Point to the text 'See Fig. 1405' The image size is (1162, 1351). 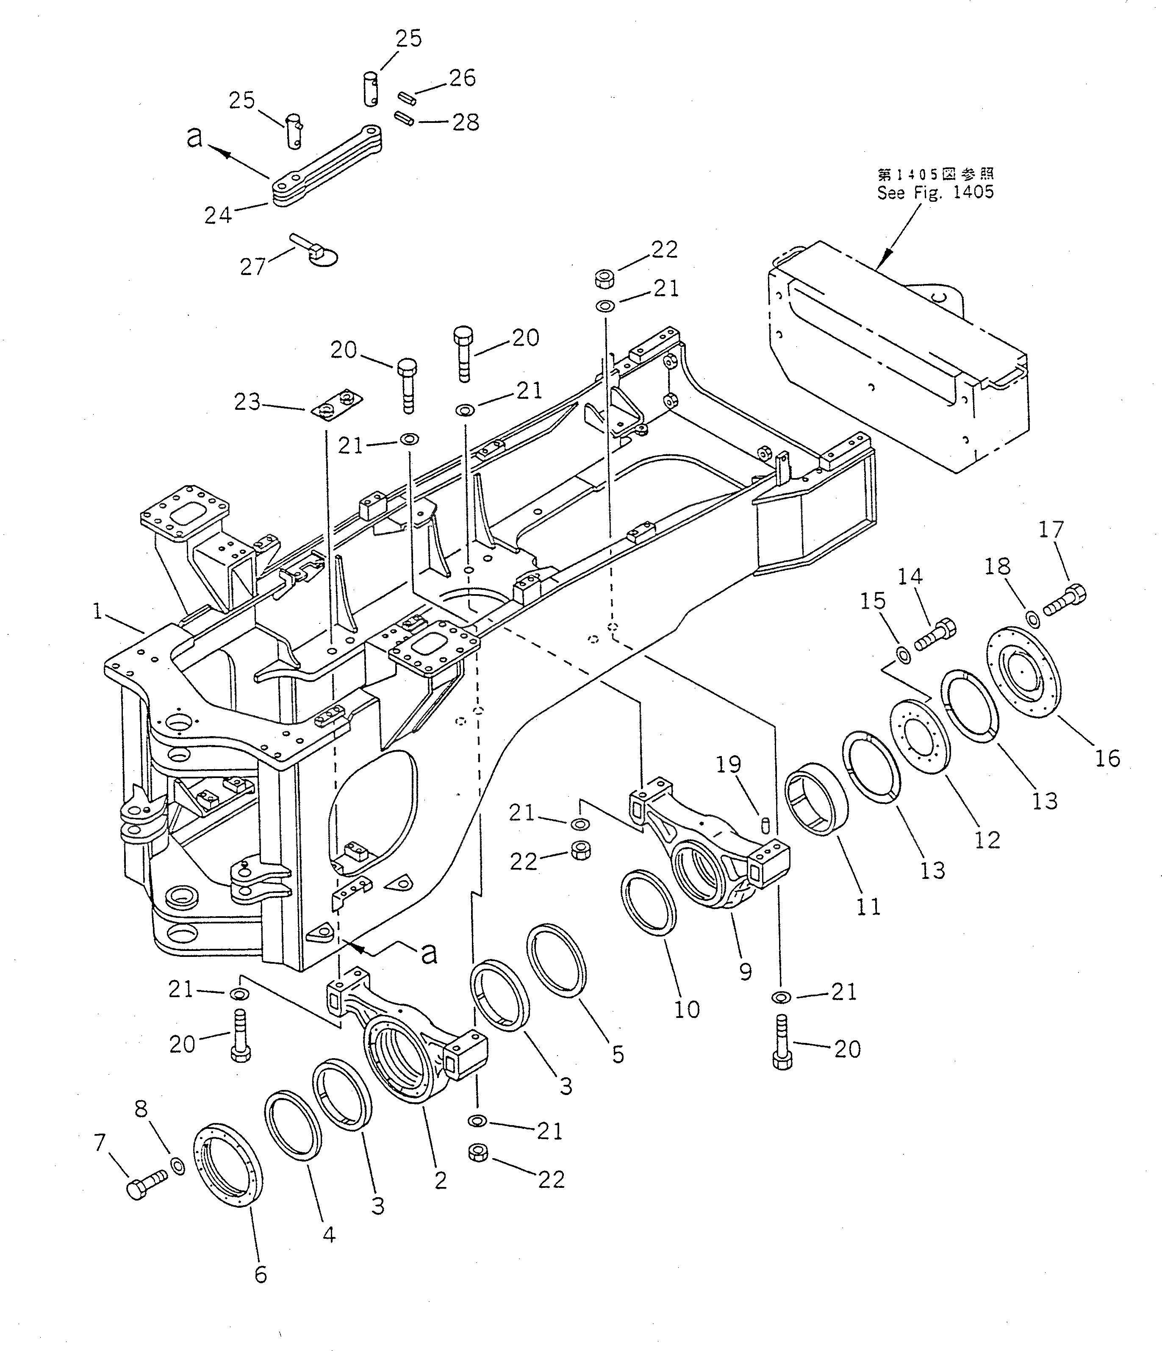(x=935, y=192)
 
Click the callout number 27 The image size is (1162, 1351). (x=253, y=267)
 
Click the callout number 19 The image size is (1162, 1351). (x=729, y=764)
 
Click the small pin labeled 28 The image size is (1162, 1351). (x=404, y=120)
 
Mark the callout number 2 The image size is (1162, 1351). (x=441, y=1180)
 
